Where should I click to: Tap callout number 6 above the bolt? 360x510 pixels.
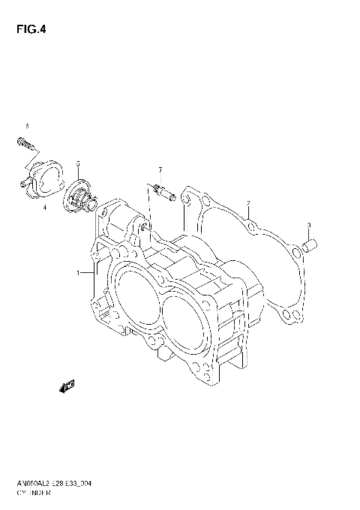tap(27, 125)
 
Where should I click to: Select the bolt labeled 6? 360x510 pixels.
tap(22, 141)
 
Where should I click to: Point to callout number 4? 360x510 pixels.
tap(44, 206)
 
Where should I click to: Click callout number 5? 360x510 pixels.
tap(78, 163)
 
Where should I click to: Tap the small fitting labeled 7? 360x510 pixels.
tap(164, 194)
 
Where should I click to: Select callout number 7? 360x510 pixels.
tap(160, 170)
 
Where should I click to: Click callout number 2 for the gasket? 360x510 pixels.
tap(248, 203)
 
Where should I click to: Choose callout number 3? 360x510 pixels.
tap(307, 225)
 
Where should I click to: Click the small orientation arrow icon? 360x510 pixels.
tap(67, 385)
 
